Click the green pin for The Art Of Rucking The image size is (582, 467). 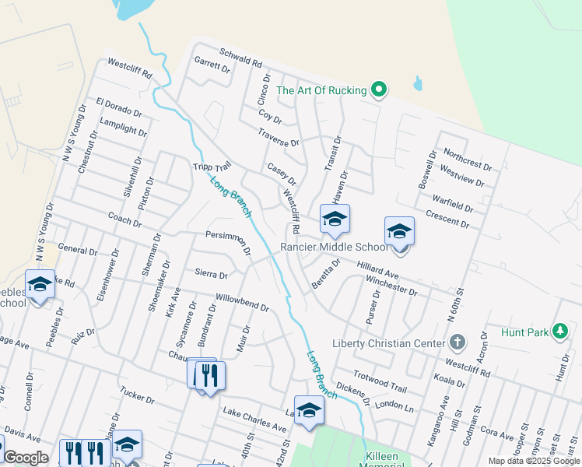coord(379,90)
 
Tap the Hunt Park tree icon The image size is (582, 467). coord(559,332)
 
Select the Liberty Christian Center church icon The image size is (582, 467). coord(458,343)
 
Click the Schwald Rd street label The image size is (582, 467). coord(240,58)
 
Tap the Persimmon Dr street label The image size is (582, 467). coord(228,241)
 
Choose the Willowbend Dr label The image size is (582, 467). coord(242,303)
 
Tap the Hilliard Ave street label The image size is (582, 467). coord(377,271)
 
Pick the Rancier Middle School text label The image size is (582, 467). coord(334,247)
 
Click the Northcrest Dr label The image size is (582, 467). coord(467,160)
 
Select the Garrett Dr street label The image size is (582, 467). coord(213,65)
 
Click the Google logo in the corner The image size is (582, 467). coord(26,458)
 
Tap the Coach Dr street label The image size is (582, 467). coord(124,220)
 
